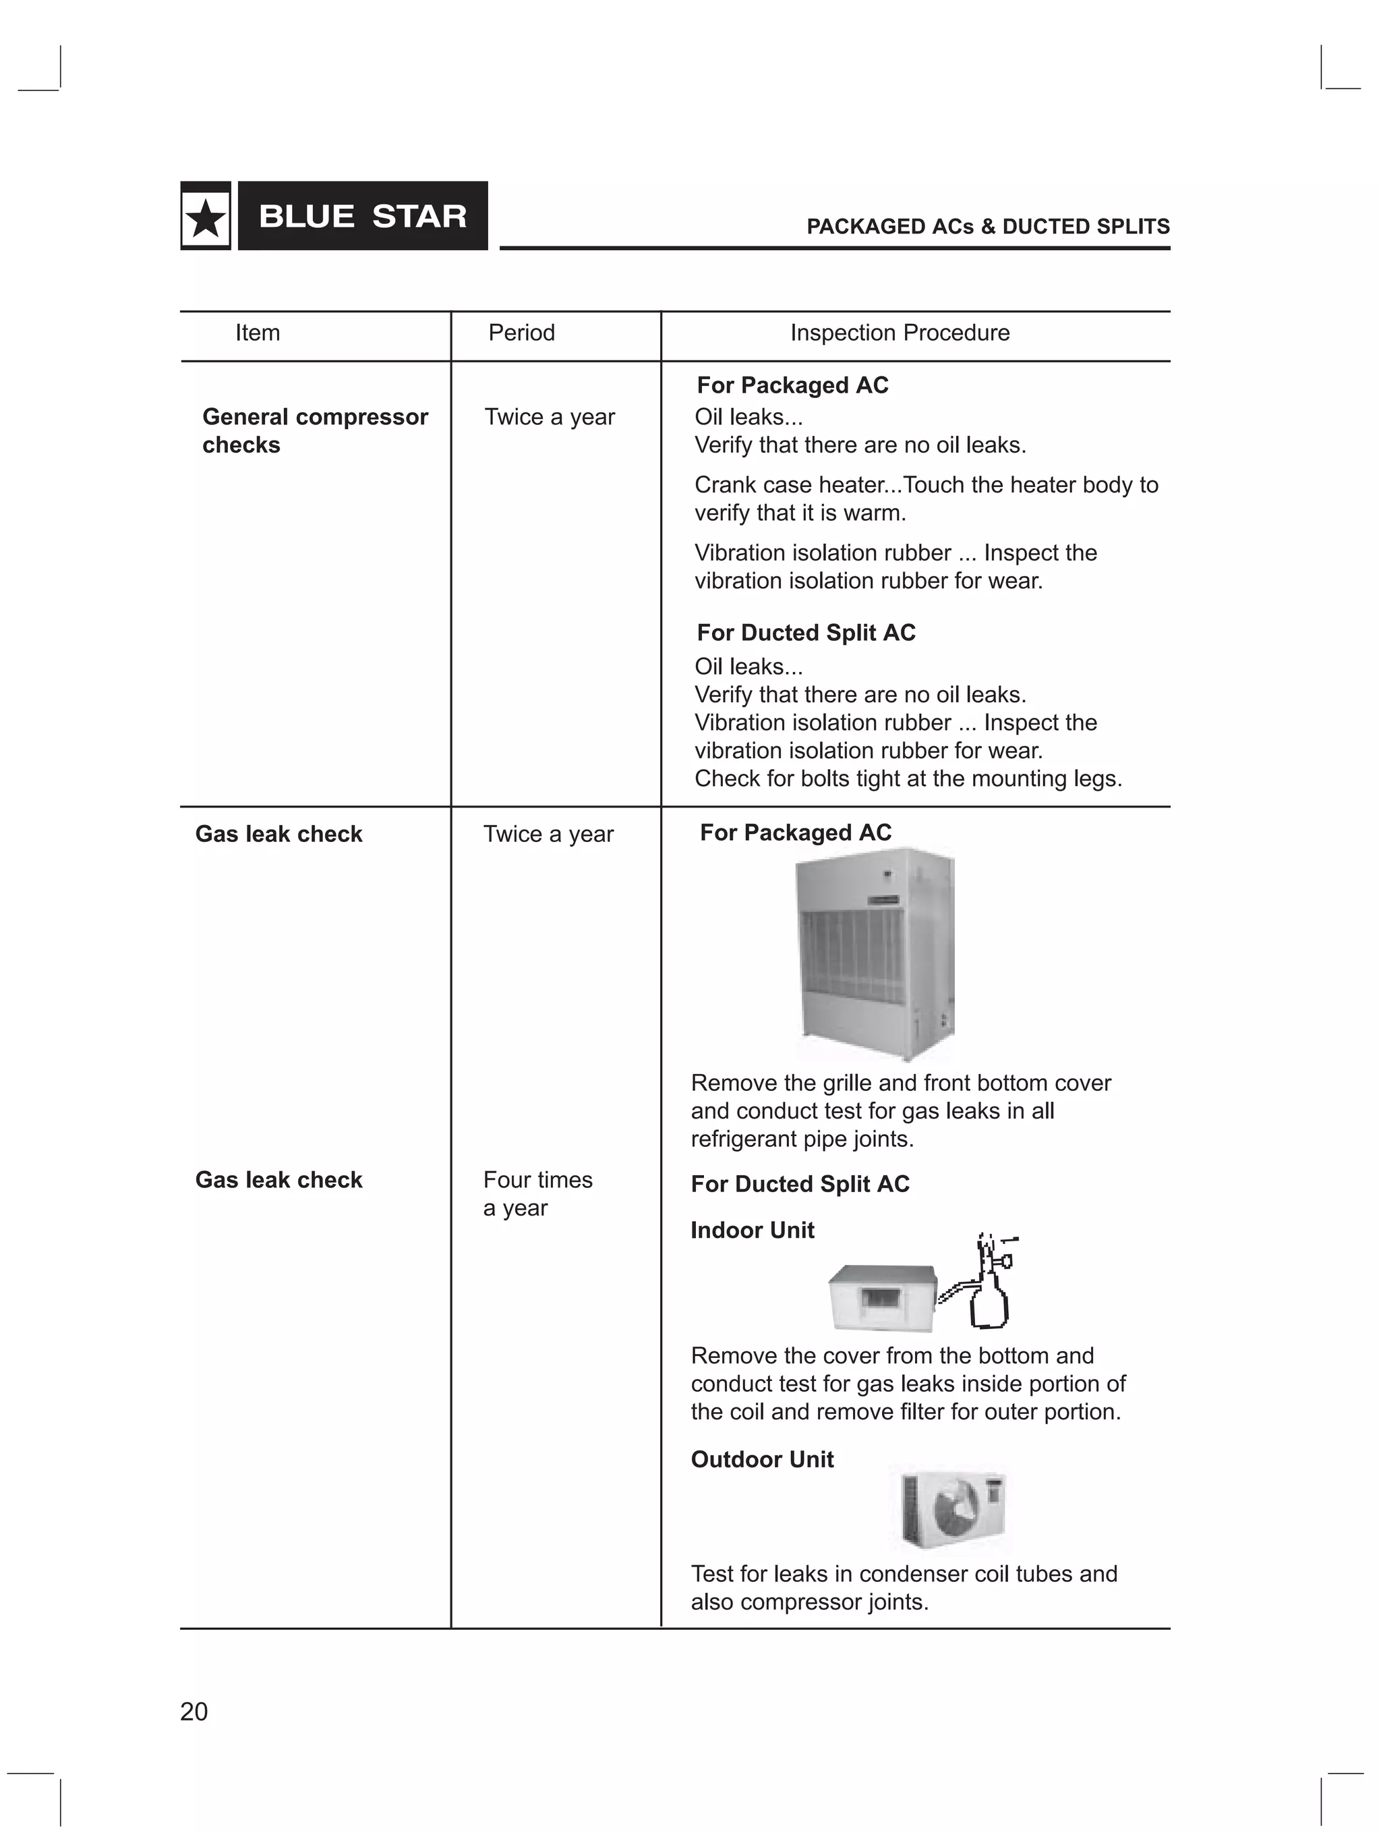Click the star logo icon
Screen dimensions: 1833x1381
[x=206, y=217]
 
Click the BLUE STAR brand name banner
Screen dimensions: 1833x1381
[x=363, y=217]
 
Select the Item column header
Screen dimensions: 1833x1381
[x=258, y=333]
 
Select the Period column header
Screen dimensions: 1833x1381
[x=521, y=333]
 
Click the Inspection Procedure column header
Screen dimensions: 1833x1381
[x=900, y=333]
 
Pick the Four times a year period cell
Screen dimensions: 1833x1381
[x=537, y=1193]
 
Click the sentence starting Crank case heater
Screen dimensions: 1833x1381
[x=925, y=498]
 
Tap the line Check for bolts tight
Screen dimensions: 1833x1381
[x=908, y=779]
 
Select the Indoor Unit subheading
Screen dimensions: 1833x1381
[x=753, y=1231]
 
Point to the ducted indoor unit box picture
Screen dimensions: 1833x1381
[x=882, y=1297]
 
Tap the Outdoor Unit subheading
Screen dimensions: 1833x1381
[x=762, y=1460]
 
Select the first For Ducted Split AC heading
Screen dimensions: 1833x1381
[x=805, y=633]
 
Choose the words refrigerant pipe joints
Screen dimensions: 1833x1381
[x=802, y=1139]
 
